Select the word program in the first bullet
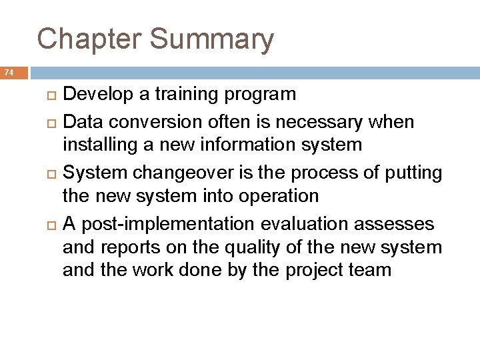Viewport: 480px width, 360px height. tap(262, 95)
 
